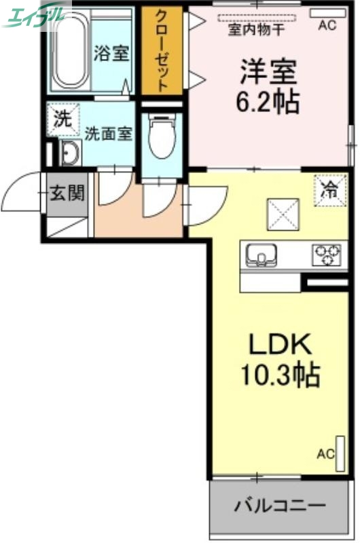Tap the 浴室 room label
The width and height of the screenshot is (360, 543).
111,54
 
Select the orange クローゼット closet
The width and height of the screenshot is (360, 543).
162,51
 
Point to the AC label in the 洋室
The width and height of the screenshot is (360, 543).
327,26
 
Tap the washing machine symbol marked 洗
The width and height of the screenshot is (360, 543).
62,119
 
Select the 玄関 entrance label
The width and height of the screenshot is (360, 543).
67,193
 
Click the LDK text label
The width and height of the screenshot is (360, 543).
278,345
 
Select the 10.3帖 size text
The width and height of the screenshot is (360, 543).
278,374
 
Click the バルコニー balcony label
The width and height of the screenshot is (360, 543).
281,506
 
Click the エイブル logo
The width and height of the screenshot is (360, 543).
37,15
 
